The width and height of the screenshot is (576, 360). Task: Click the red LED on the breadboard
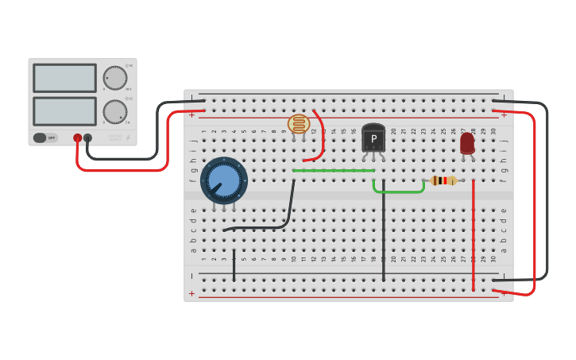point(467,143)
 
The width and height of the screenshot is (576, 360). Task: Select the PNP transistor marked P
point(373,138)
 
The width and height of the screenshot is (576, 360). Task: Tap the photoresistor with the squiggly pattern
point(298,124)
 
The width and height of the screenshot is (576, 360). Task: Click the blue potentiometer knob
point(223,180)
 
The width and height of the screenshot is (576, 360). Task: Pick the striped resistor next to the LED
point(443,180)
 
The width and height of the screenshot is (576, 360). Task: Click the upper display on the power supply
point(64,78)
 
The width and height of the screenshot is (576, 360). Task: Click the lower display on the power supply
point(64,110)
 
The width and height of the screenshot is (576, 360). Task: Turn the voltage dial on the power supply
point(115,78)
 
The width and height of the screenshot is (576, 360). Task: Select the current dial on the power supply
point(115,111)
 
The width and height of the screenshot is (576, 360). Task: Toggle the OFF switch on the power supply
point(45,137)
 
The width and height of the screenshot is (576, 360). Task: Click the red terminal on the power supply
point(77,137)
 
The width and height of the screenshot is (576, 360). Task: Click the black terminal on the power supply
point(87,137)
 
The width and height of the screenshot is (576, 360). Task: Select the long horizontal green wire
point(334,170)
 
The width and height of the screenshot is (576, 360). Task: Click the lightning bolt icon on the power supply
point(129,137)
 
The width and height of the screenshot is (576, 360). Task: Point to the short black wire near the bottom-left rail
point(234,266)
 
